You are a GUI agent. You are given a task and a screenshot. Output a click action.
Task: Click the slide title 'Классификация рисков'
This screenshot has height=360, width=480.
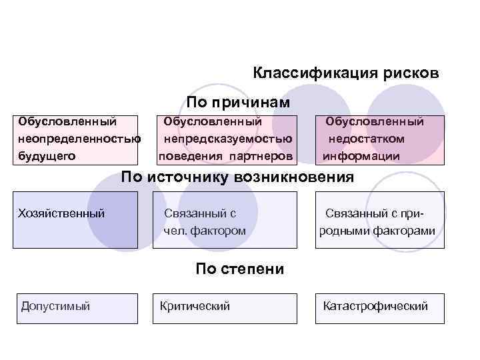(x=346, y=73)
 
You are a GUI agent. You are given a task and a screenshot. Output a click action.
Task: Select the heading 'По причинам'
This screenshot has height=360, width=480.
(x=238, y=103)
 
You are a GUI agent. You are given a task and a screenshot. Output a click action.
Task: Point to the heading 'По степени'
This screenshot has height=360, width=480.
(x=240, y=269)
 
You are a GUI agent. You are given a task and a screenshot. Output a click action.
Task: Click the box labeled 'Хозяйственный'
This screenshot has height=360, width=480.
(x=77, y=220)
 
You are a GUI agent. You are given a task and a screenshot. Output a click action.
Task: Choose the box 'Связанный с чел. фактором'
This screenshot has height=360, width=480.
(x=225, y=220)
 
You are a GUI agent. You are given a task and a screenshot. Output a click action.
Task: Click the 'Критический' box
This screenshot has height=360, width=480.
(x=225, y=309)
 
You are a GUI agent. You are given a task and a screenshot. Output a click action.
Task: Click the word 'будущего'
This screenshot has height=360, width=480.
(x=47, y=156)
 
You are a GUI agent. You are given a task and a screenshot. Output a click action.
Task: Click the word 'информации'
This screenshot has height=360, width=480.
(x=362, y=156)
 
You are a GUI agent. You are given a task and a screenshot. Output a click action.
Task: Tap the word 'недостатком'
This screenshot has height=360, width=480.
(x=366, y=139)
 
